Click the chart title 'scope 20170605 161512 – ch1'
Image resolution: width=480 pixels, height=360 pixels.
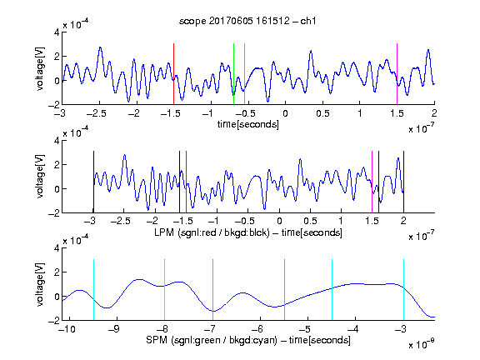247,21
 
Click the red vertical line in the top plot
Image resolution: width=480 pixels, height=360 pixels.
173,74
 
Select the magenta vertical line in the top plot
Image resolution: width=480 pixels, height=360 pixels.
397,74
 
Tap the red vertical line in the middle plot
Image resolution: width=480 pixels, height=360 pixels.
186,182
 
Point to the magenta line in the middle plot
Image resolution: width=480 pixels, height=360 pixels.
372,182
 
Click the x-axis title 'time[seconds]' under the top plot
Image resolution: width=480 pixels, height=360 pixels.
248,124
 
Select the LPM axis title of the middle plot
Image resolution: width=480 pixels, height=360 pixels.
248,232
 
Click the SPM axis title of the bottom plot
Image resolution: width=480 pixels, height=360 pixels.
248,340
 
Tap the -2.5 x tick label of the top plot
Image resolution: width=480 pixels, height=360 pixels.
96,113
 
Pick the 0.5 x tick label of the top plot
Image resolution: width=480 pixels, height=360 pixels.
322,113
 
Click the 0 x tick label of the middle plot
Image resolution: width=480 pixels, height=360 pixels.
279,221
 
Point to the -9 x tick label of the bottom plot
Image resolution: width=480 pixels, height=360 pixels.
114,329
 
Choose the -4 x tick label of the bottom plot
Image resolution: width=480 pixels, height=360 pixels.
352,329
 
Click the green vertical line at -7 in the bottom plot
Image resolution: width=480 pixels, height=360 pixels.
212,290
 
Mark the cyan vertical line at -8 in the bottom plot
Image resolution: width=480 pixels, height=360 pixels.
165,290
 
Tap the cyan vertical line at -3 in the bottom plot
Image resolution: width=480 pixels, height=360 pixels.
403,290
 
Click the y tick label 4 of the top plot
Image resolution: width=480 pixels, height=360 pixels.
57,32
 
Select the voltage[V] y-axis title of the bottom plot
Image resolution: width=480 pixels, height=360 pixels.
40,284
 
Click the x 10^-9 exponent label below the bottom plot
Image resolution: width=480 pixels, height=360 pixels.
422,344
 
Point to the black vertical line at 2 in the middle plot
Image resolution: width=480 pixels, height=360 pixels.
403,182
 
